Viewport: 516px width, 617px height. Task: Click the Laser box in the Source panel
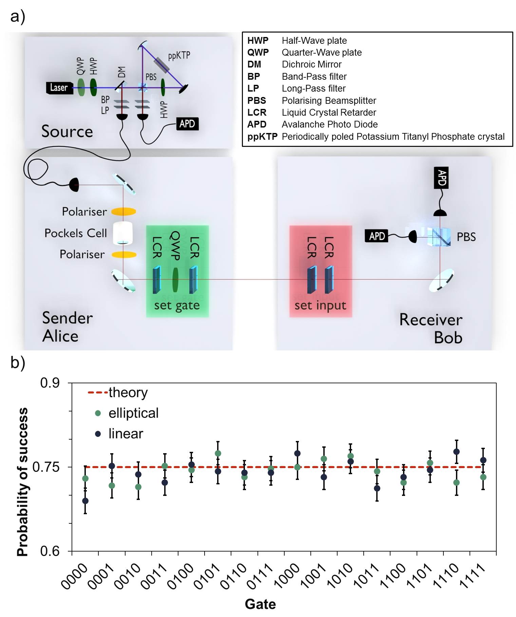point(59,88)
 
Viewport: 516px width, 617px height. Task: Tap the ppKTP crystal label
point(179,56)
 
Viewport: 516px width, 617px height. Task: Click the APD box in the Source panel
point(187,124)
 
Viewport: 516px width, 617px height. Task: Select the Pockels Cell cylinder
point(122,233)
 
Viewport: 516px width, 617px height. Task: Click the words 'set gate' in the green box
point(177,305)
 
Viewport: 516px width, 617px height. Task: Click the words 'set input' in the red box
point(320,305)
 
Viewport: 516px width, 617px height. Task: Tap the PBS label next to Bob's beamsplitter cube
point(466,237)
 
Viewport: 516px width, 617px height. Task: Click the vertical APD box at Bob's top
point(441,177)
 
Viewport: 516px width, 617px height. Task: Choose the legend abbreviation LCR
point(257,113)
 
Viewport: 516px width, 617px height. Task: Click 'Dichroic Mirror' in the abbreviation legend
point(311,64)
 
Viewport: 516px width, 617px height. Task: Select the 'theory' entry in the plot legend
point(128,392)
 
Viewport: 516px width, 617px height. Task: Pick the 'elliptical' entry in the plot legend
point(133,413)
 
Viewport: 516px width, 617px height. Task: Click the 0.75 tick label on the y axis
point(46,467)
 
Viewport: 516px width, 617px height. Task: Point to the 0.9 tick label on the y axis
point(50,383)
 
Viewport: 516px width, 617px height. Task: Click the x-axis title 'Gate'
point(260,604)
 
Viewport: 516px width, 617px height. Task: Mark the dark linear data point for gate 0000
point(85,501)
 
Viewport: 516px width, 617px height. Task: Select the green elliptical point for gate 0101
point(218,454)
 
